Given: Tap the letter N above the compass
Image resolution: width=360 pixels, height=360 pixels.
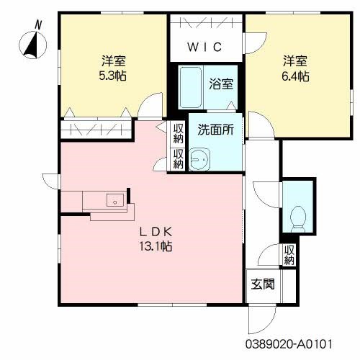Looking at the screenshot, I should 37,24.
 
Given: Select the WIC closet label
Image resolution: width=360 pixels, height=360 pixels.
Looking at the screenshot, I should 205,48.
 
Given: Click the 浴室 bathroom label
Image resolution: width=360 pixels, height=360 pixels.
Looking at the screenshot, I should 221,84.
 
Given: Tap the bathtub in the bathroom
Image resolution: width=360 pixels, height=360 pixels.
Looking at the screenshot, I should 191,87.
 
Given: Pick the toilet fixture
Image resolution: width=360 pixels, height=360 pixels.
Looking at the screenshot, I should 297,214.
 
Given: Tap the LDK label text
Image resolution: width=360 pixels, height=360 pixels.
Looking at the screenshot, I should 155,232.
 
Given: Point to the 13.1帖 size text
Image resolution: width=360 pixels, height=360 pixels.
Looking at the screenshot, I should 155,246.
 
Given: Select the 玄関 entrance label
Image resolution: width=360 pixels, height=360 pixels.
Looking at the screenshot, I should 262,284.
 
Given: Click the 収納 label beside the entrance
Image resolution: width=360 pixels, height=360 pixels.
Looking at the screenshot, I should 289,255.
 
